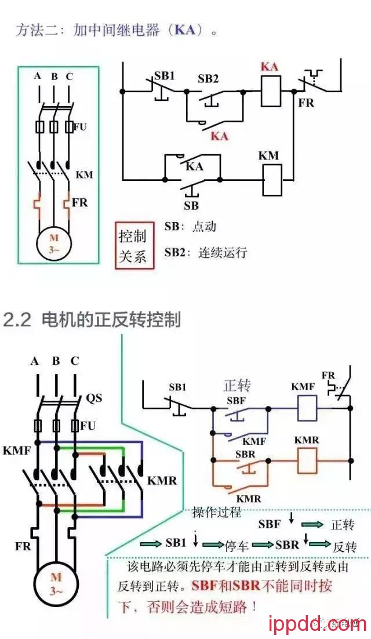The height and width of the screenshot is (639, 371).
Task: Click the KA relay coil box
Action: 270,90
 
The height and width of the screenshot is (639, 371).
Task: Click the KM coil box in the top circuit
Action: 272,180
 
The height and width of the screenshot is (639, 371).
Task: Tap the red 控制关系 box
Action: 134,245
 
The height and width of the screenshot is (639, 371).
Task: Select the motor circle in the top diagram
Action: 54,243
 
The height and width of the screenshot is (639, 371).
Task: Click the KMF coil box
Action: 307,408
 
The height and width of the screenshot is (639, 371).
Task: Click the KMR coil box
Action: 307,462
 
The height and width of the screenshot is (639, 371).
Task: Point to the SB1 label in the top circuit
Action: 164,76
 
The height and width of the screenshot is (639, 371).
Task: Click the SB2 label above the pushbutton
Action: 208,79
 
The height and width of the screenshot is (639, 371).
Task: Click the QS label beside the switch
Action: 94,398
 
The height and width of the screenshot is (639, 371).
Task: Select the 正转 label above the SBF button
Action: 237,386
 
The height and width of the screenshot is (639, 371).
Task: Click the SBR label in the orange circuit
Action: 245,454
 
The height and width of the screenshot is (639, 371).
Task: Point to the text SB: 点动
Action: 190,227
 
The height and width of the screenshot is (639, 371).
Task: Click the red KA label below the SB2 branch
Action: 219,136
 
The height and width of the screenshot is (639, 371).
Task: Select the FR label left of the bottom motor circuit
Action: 23,546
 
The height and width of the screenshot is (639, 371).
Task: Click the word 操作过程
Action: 217,513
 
